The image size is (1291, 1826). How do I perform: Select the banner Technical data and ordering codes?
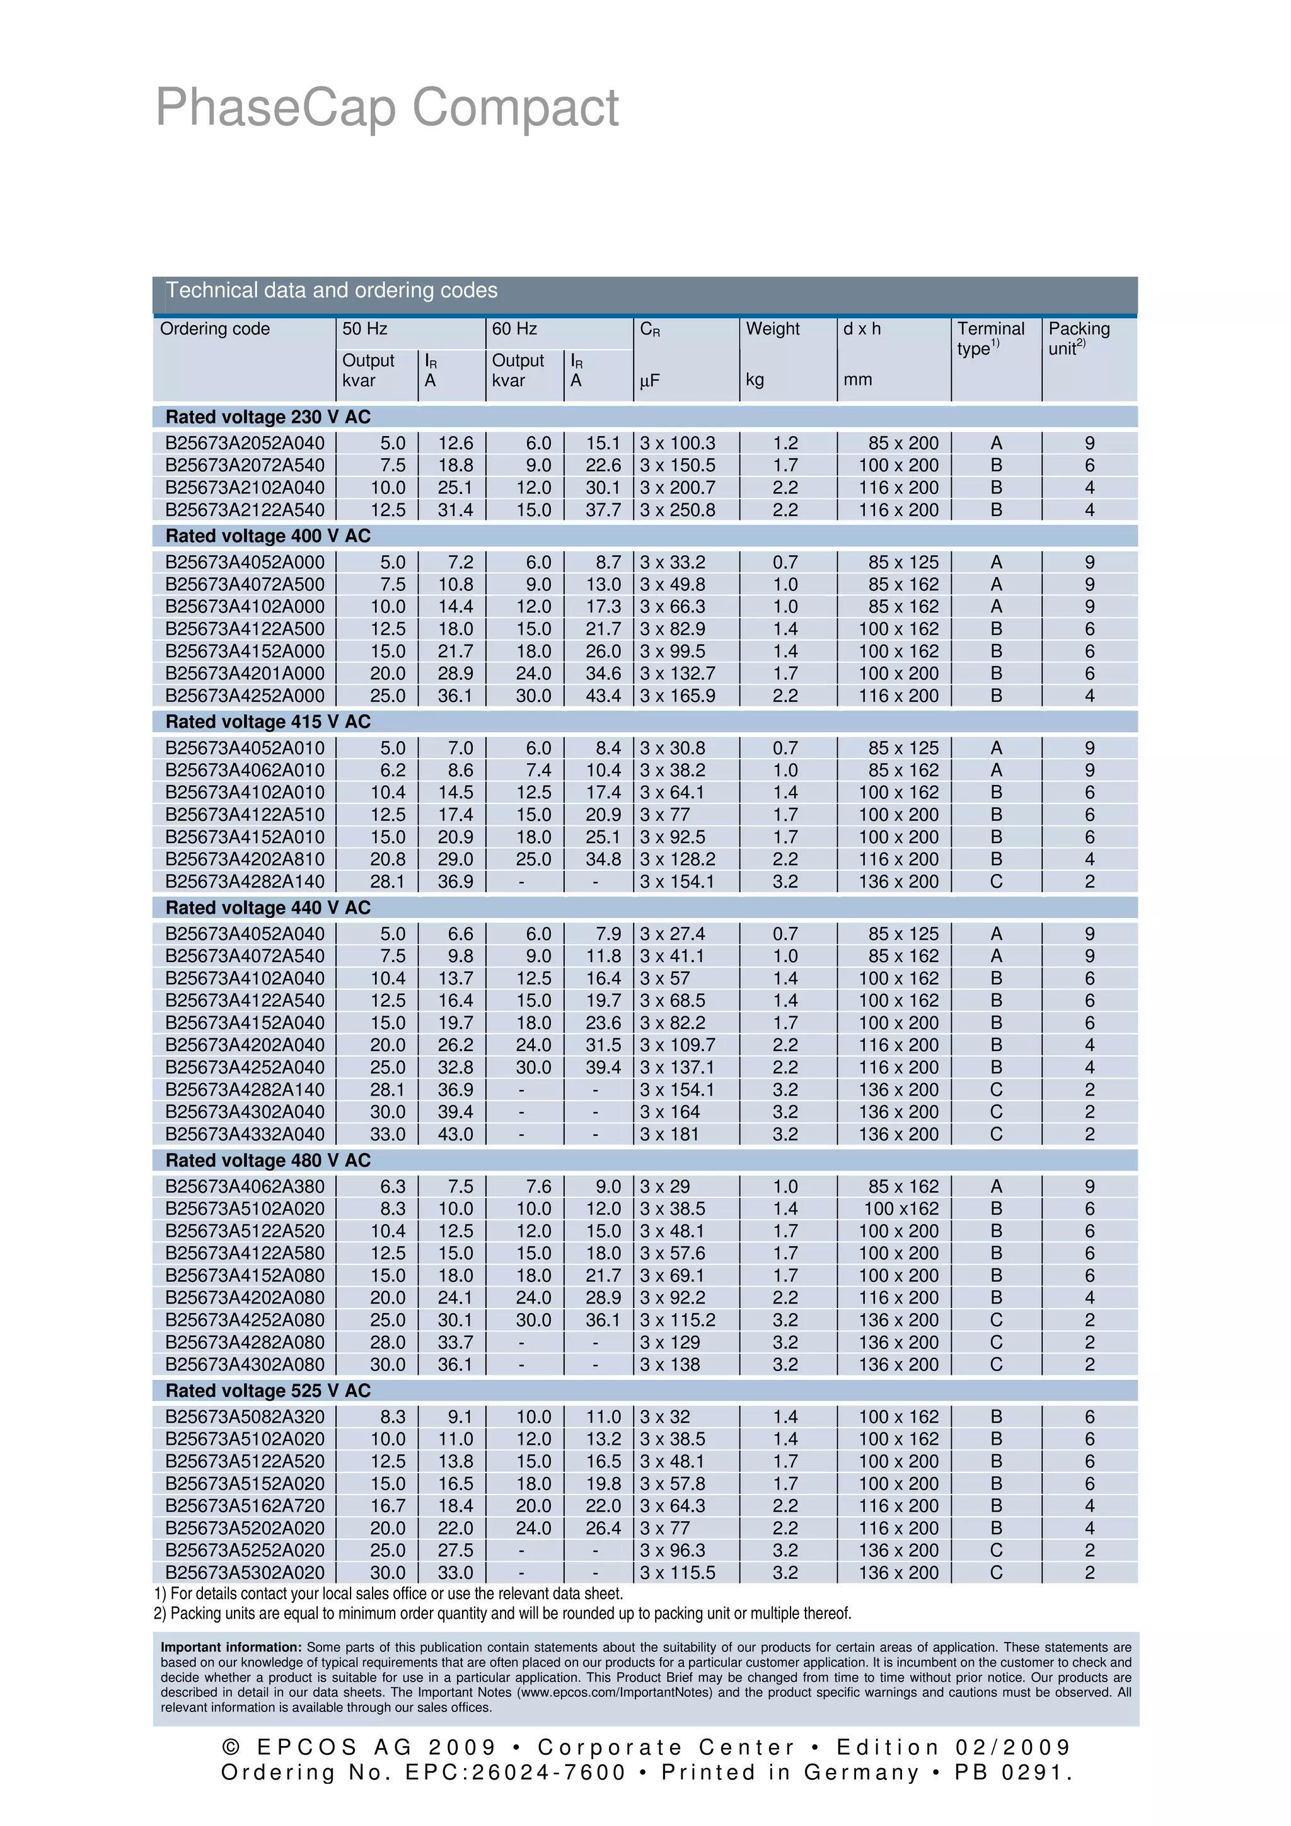coord(331,290)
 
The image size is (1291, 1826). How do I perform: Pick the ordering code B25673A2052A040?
coord(245,443)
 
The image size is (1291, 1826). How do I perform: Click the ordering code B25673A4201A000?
coord(245,673)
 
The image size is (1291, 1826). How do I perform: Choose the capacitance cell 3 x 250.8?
coord(678,510)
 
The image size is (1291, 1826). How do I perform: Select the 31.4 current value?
coord(455,510)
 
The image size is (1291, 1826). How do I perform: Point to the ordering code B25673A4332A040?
coord(245,1134)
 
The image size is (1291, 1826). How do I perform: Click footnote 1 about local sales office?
coord(388,1593)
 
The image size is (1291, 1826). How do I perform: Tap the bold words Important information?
coord(231,1647)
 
